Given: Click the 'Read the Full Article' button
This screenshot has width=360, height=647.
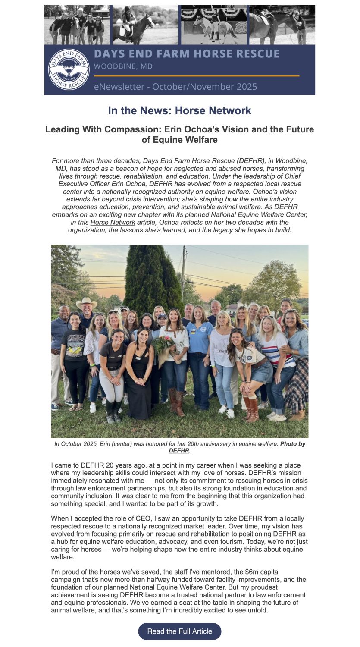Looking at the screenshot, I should (x=179, y=631).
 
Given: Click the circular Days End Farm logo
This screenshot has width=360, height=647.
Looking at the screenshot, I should (x=69, y=69).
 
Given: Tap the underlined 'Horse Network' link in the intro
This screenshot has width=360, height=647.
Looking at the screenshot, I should (x=113, y=222).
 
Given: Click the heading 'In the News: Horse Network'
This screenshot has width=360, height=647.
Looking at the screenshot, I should (x=179, y=110).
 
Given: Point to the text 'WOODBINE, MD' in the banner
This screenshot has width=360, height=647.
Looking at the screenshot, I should (x=123, y=66).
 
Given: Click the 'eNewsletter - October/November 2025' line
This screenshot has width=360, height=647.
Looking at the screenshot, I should (x=175, y=86).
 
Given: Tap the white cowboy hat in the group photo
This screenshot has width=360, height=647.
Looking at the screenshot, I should (x=86, y=303).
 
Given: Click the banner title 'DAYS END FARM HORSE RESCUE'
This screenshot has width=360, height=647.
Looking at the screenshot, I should (x=187, y=54).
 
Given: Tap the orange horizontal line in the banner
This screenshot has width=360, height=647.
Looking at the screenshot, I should (x=196, y=75).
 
